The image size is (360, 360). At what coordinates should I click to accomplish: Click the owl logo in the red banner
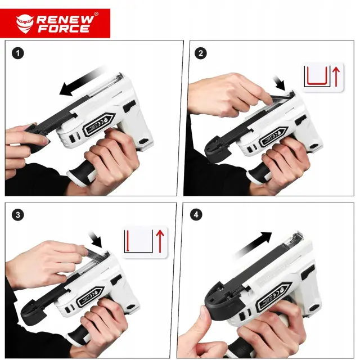[x=25, y=24]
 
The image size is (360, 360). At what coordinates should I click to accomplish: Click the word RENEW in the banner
[x=65, y=20]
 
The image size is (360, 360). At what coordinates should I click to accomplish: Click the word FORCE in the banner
[x=64, y=29]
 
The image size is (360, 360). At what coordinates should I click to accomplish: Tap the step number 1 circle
[x=17, y=53]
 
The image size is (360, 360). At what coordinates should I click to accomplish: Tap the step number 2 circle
[x=200, y=53]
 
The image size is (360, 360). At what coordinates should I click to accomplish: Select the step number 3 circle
[x=17, y=215]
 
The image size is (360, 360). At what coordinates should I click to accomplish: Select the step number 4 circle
[x=196, y=215]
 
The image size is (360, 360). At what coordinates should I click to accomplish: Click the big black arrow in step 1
[x=82, y=81]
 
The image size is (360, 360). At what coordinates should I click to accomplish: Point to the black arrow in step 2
[x=279, y=83]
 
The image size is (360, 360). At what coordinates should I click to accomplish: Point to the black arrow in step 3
[x=95, y=239]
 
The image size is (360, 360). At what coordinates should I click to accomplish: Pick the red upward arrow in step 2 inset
[x=336, y=76]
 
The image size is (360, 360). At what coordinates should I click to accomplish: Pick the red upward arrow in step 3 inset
[x=160, y=241]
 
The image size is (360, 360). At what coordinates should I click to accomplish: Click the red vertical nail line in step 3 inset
[x=128, y=241]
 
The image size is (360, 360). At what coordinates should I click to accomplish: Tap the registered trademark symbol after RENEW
[x=96, y=14]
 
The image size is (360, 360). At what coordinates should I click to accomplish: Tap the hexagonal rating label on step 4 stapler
[x=275, y=296]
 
